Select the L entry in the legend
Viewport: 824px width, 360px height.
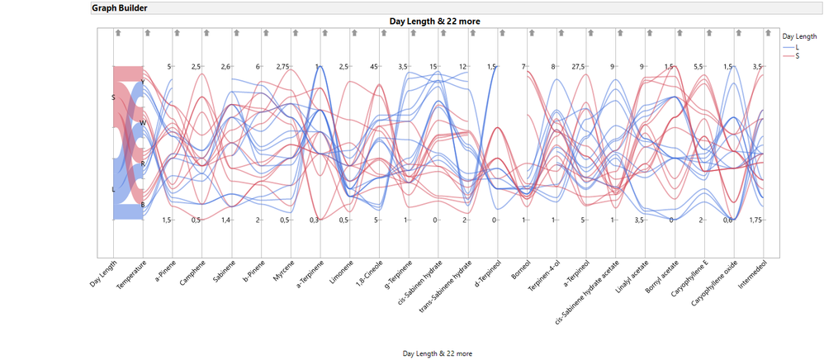click(x=797, y=48)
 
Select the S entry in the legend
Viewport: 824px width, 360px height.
click(x=797, y=56)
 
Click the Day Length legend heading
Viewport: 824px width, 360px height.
click(x=800, y=36)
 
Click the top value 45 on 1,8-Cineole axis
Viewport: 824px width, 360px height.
click(x=374, y=66)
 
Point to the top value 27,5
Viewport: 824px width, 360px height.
click(x=578, y=66)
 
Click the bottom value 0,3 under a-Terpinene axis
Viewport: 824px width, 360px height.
click(x=314, y=220)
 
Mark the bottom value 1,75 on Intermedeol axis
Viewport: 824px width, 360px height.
click(x=755, y=220)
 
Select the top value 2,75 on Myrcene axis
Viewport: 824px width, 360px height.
click(x=282, y=66)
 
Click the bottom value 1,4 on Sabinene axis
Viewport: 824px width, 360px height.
click(x=225, y=220)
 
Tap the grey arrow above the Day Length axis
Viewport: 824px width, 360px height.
click(x=118, y=33)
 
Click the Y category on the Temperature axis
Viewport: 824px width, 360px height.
click(x=143, y=82)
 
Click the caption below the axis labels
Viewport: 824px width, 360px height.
click(x=438, y=353)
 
